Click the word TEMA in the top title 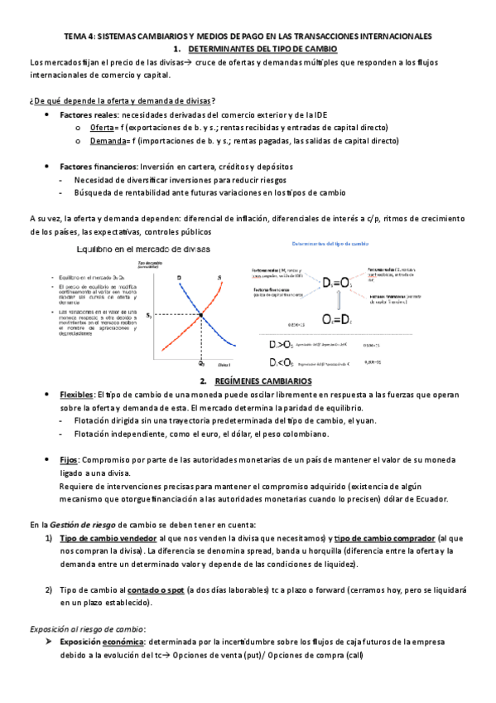(x=76, y=37)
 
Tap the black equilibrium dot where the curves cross (x=201, y=313)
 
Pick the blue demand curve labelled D (x=185, y=290)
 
